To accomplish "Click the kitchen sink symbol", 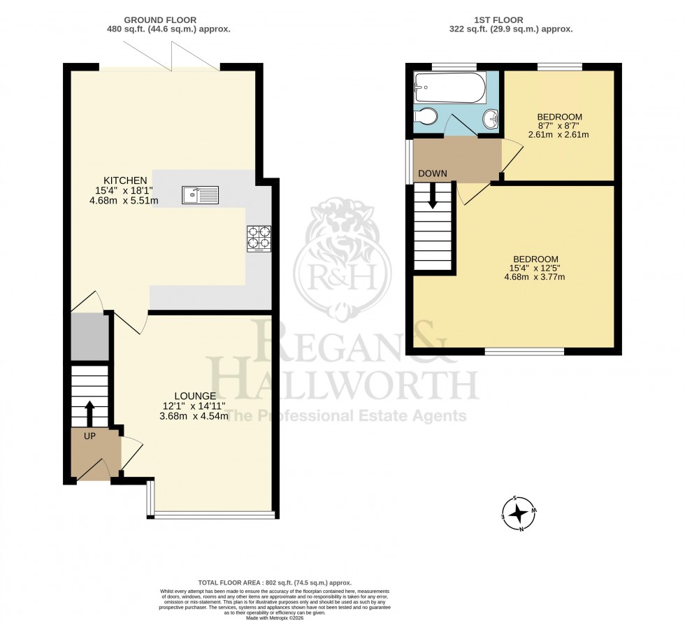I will coord(201,195).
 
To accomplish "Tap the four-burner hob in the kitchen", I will coord(259,238).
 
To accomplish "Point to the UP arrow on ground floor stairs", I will coord(89,413).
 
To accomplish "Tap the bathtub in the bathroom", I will coord(447,87).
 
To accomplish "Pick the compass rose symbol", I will coord(519,514).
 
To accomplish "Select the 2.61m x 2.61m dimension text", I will coord(559,134).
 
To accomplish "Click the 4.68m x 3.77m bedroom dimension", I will coord(535,276).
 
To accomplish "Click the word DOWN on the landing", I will coord(433,173).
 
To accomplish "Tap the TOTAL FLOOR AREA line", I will coord(275,583).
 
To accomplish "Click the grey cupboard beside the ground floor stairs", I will coord(89,336).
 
